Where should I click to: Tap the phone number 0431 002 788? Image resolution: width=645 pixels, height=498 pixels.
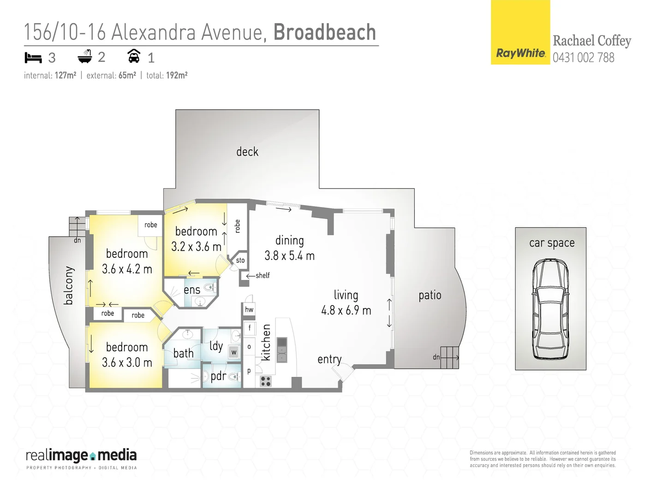coord(583,58)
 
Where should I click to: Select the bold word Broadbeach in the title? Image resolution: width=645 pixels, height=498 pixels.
coord(324,32)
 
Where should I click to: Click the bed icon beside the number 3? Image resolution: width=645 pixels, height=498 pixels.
coord(33,58)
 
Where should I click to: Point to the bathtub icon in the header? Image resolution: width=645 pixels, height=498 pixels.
coord(85,57)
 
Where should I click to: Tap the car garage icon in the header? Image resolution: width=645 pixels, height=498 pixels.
coord(134,56)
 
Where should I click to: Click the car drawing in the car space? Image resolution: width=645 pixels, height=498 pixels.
coord(550,309)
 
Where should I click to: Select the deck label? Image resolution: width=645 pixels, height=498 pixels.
coord(247,152)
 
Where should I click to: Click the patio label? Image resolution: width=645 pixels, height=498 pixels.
coord(430,295)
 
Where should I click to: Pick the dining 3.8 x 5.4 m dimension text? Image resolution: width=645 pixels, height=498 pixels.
coord(289,256)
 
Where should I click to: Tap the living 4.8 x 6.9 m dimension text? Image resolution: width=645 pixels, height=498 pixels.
coord(346,310)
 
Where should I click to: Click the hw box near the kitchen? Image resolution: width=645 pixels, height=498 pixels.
coord(249,309)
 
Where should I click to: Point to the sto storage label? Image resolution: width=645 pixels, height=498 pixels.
coord(240,261)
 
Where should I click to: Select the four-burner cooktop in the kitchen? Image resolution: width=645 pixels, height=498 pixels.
coord(265,381)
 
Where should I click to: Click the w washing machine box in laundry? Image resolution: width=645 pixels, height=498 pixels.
coord(234,352)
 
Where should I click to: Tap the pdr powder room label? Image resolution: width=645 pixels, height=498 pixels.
coord(218,376)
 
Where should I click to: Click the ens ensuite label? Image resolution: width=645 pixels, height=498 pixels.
coord(192,290)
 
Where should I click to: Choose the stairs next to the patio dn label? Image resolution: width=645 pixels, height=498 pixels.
coord(449,358)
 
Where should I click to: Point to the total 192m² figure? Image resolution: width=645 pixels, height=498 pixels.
coord(176,76)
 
